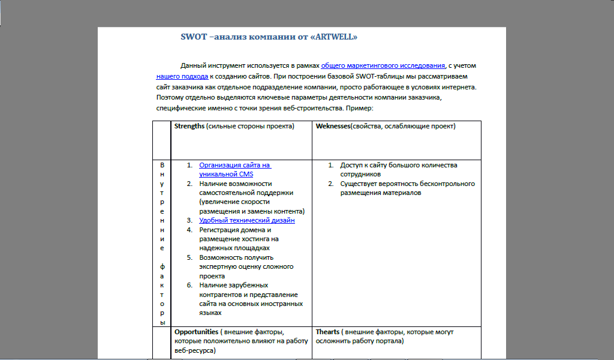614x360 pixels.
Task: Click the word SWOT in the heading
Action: [x=193, y=37]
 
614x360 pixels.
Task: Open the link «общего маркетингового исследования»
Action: [x=383, y=66]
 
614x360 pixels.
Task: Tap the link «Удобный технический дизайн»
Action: [x=247, y=220]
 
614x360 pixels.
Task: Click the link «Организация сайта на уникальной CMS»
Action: [x=235, y=165]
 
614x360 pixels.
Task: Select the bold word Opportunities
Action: [x=196, y=332]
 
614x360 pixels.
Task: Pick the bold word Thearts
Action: [x=327, y=332]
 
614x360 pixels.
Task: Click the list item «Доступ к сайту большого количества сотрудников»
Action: [x=399, y=169]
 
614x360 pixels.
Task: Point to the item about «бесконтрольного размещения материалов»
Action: [x=408, y=188]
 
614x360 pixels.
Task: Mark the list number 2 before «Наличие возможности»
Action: [x=189, y=184]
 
